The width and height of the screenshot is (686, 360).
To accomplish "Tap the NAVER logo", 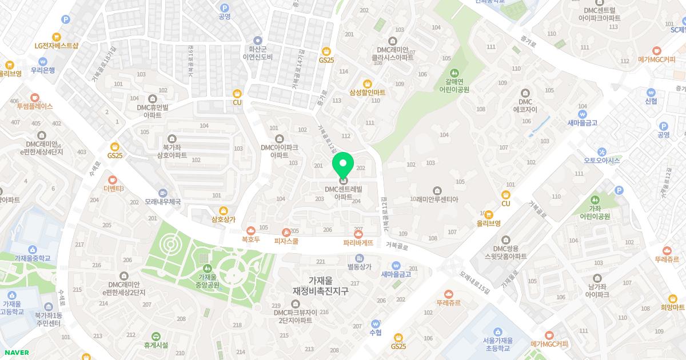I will coord(16,353).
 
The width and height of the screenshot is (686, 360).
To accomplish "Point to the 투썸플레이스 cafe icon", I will coord(35,97).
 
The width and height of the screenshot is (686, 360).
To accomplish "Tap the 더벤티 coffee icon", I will coord(113,179).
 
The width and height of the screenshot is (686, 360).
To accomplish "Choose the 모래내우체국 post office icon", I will coord(163,193).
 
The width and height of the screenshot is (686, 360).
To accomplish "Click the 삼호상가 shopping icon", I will coord(223,210).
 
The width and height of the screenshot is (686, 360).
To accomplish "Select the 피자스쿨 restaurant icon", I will coord(286,232).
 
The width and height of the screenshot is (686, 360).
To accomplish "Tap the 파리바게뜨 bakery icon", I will coord(358,234).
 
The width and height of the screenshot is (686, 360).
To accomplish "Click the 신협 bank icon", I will coord(651,92).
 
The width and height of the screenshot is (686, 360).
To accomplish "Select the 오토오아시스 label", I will coord(601,161).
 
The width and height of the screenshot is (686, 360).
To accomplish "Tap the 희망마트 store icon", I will coord(672,298).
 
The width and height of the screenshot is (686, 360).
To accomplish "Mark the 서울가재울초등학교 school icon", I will coord(497,331).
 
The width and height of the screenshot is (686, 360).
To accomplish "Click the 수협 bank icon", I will coord(376,323).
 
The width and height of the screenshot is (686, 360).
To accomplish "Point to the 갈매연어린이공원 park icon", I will coord(454,73).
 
